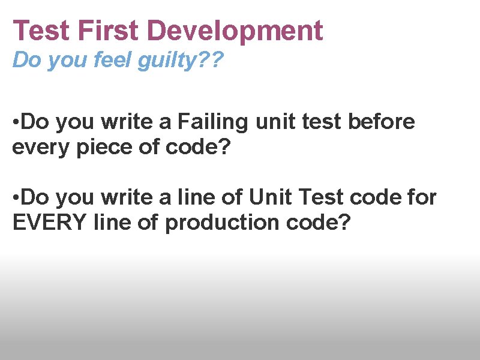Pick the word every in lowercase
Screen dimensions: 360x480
point(37,147)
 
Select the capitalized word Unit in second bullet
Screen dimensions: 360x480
point(271,197)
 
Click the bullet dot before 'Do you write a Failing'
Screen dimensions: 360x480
point(16,123)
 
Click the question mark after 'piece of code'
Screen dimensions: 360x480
point(225,147)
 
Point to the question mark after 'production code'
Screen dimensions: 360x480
point(344,223)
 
